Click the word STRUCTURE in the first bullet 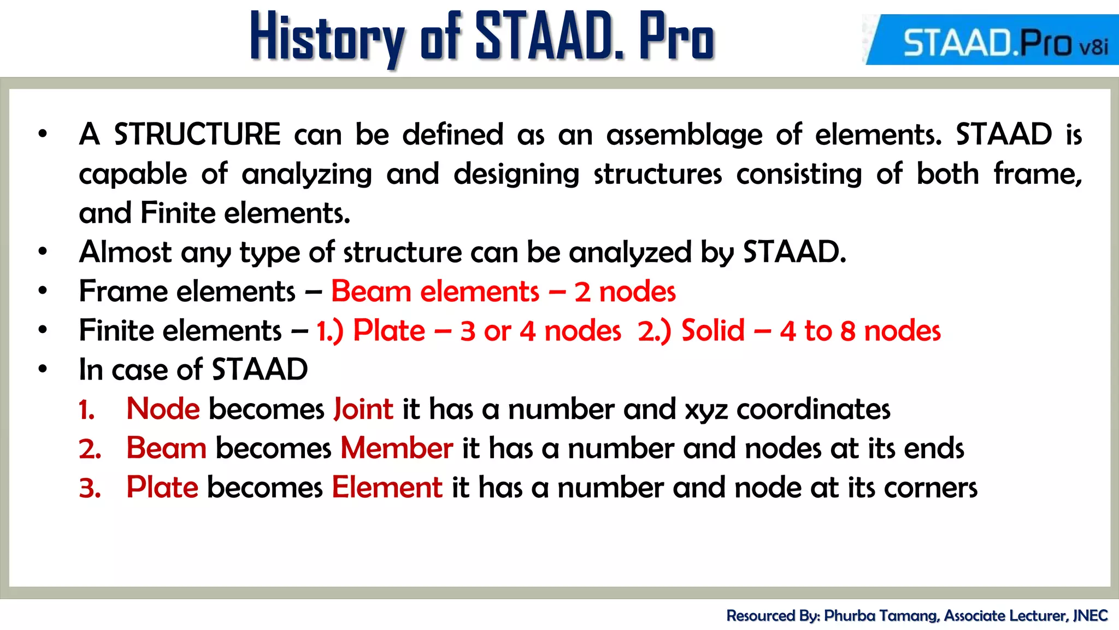197,135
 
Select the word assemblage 684,135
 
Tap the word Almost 125,252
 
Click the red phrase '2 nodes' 625,291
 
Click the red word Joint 363,409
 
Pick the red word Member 397,448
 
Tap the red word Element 387,487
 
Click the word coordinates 813,409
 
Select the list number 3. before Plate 90,488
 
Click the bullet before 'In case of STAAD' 43,369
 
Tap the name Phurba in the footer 849,616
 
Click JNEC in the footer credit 1090,616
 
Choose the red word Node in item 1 163,409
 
